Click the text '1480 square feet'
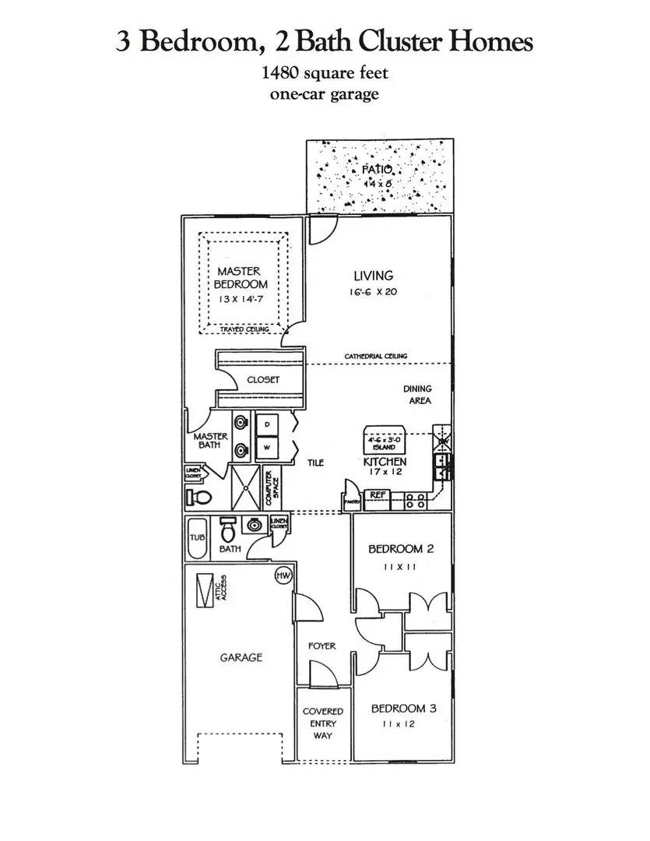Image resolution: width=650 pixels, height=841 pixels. click(325, 74)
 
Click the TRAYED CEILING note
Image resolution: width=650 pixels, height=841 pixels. click(244, 329)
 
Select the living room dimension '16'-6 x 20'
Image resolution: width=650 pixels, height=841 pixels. click(374, 293)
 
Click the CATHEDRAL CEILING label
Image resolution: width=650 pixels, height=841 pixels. click(376, 357)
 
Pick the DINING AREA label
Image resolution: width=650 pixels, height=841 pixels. click(417, 395)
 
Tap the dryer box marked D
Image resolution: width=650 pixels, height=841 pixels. click(266, 424)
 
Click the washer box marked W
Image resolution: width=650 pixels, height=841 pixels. click(266, 448)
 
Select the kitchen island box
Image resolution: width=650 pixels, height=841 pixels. click(383, 442)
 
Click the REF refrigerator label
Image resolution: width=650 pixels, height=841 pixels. click(378, 495)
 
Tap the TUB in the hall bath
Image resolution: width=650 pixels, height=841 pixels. click(195, 537)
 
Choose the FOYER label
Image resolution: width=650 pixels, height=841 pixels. click(321, 646)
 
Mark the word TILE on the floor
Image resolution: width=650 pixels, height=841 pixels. click(315, 463)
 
